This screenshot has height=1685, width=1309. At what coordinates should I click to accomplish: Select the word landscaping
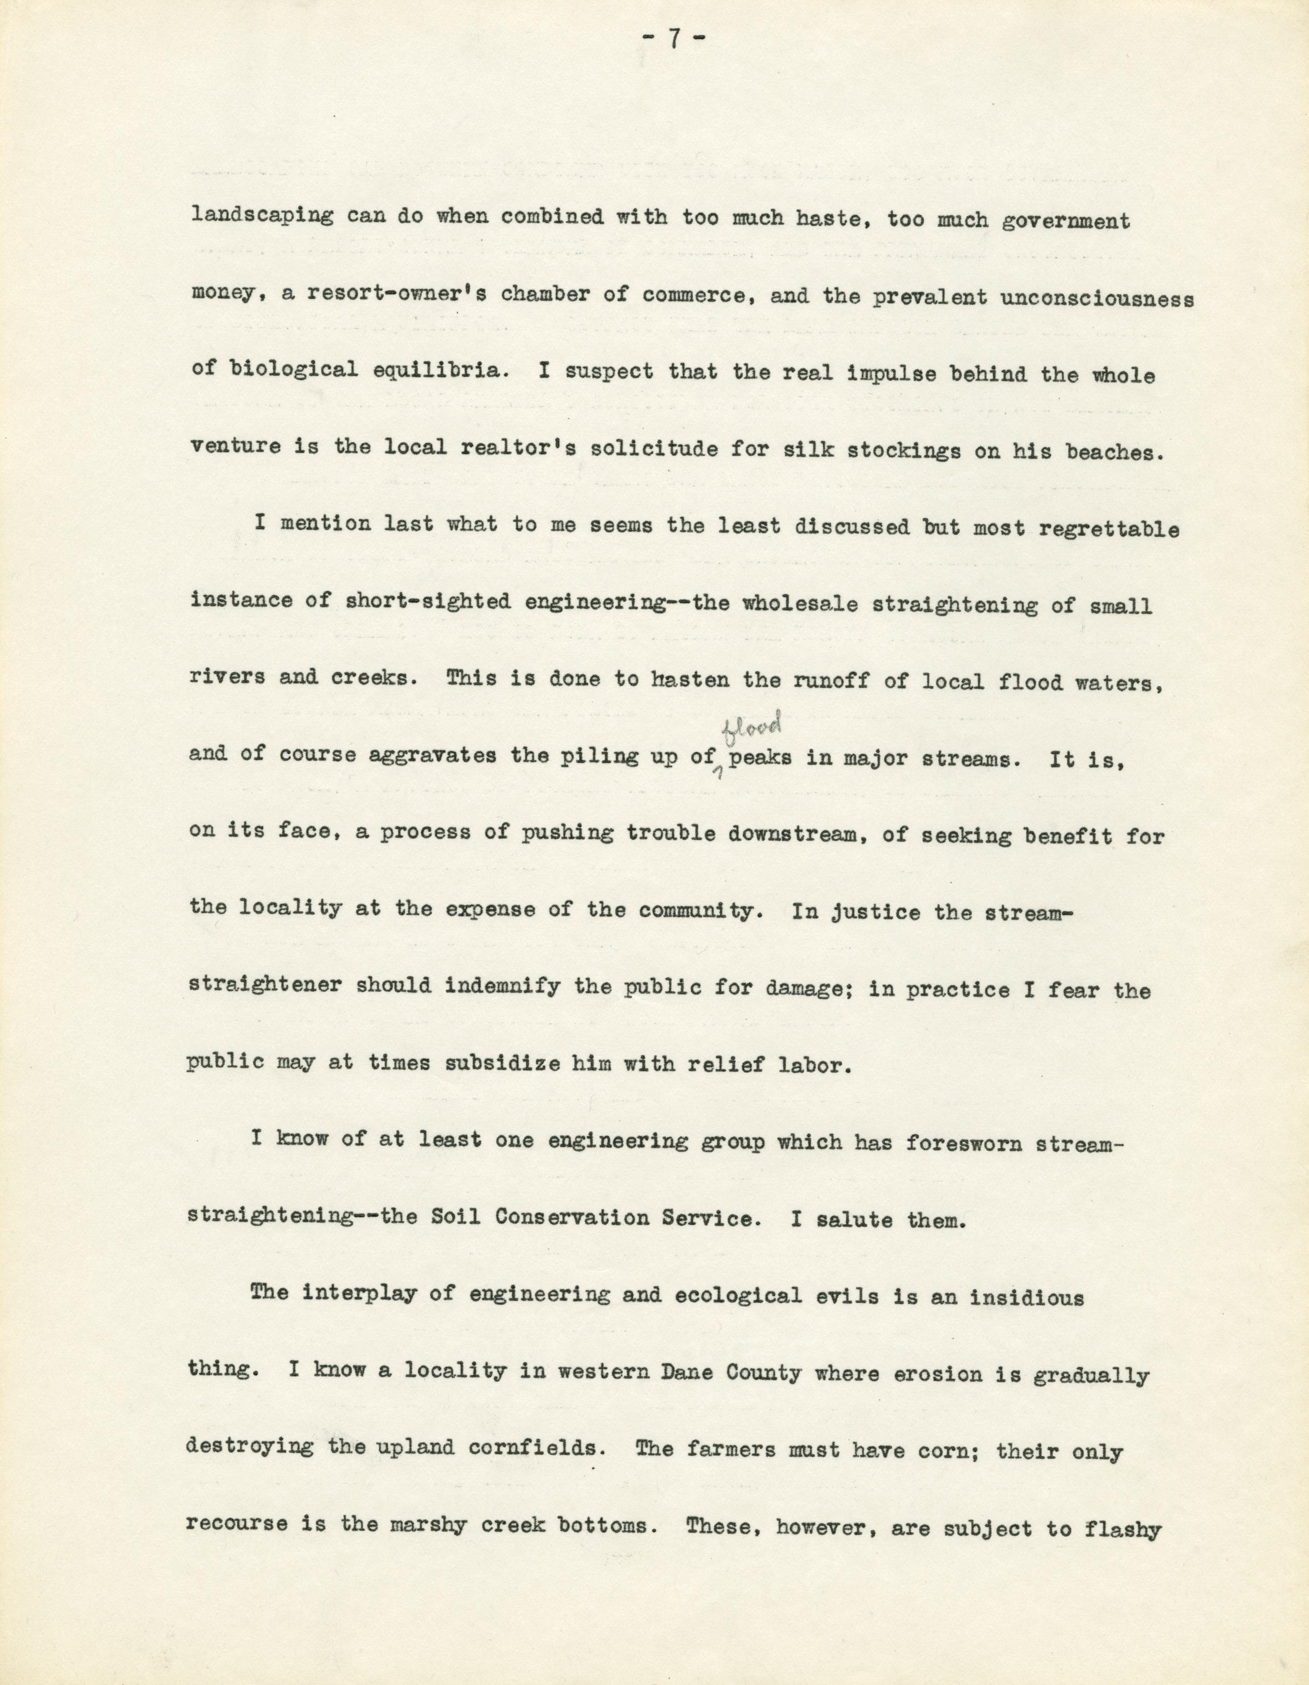262,217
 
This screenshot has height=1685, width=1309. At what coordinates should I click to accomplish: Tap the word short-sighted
428,602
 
